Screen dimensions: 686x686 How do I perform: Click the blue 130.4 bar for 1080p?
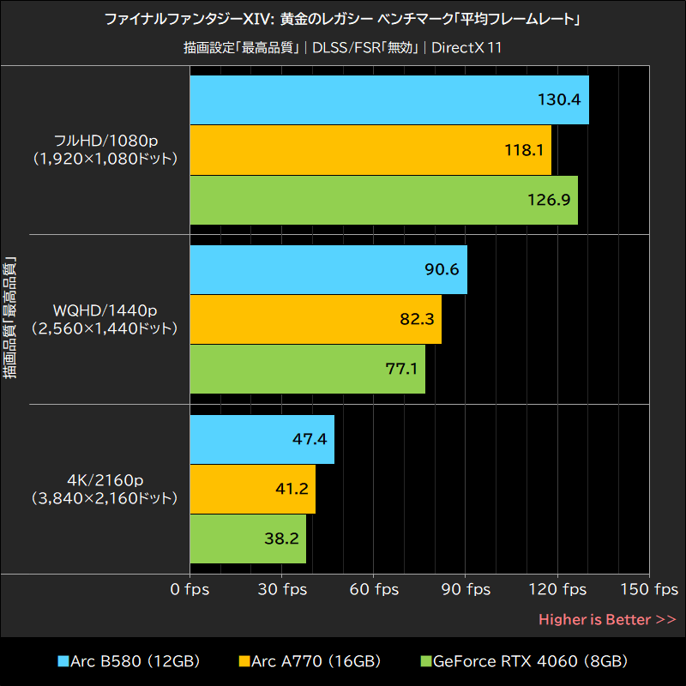[388, 99]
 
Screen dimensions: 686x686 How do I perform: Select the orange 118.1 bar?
[370, 150]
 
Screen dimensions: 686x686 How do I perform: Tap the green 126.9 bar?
[383, 200]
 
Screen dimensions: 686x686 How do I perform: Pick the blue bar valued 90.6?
[328, 269]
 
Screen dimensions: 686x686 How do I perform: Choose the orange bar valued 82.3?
[315, 319]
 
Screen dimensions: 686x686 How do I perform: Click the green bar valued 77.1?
[307, 369]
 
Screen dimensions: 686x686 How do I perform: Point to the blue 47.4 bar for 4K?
[262, 439]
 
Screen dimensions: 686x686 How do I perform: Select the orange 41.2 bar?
[252, 489]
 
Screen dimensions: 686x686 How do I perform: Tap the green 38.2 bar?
[247, 539]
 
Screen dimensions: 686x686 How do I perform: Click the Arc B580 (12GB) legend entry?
[129, 661]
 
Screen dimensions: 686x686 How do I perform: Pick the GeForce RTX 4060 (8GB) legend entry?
[524, 661]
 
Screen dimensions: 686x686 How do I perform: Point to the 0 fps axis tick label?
[190, 590]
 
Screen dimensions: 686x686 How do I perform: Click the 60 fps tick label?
[374, 590]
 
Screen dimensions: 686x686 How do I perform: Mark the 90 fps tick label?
[466, 590]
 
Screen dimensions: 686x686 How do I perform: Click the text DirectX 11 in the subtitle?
[466, 47]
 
